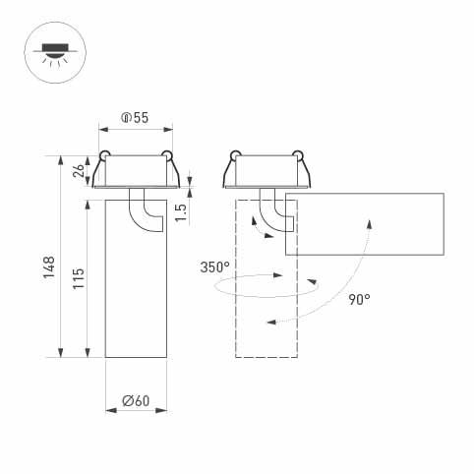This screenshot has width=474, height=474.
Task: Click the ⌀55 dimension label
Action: pos(135,118)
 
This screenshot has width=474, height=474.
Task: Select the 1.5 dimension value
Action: pos(181,211)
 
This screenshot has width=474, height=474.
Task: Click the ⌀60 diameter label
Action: pos(135,400)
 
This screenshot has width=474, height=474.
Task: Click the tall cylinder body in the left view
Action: pos(136,295)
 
